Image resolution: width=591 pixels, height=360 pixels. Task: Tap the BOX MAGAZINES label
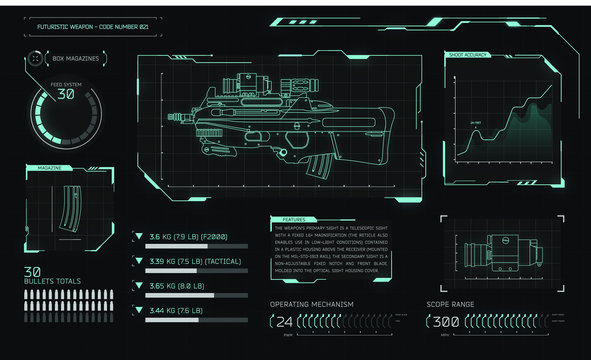coord(76,59)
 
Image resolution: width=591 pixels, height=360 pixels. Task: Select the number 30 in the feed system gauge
coord(66,94)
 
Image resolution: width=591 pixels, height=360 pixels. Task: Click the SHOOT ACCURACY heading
coord(469,55)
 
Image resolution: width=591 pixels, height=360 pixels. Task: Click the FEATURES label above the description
coord(294,219)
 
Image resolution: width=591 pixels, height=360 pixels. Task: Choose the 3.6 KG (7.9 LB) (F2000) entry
coord(189,237)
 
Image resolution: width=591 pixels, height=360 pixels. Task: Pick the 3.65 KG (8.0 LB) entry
coord(176,286)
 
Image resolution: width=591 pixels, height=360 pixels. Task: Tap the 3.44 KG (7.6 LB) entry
coord(176,311)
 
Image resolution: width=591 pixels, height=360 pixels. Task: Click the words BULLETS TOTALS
coord(53,281)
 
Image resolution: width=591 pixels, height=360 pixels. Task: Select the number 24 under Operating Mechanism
coord(285,322)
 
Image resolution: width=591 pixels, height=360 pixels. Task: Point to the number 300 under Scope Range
coord(446,322)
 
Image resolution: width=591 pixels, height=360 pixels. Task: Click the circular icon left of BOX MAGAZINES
coord(36,59)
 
